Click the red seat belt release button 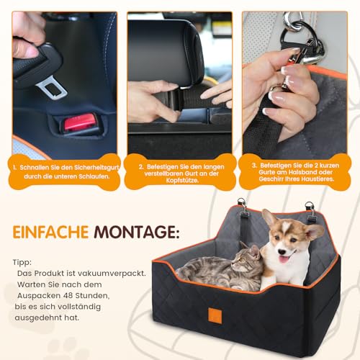pyautogui.click(x=78, y=123)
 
